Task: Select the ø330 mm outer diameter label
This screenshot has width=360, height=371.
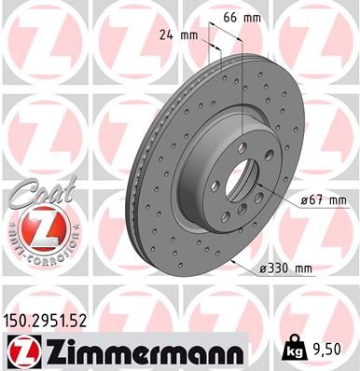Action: pyautogui.click(x=285, y=269)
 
